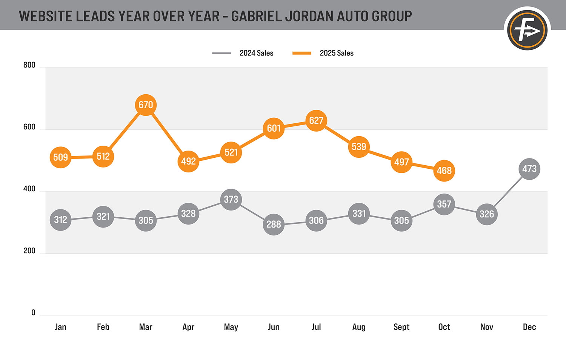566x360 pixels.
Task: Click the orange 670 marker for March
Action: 146,105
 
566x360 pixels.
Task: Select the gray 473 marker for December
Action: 529,169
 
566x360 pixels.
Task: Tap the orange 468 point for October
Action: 444,171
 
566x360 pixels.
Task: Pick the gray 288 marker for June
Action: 274,224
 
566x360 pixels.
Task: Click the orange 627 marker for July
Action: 316,120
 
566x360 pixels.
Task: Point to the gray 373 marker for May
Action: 231,199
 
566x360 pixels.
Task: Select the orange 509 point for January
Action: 60,157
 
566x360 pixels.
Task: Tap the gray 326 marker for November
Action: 487,214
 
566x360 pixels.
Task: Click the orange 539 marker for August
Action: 359,146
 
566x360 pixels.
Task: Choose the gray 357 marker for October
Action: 444,204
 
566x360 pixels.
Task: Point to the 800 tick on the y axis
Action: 29,65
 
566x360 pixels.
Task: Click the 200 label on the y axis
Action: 29,251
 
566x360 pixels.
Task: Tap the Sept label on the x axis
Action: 401,327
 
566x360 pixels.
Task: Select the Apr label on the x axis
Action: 188,327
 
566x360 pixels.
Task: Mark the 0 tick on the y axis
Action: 33,313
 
